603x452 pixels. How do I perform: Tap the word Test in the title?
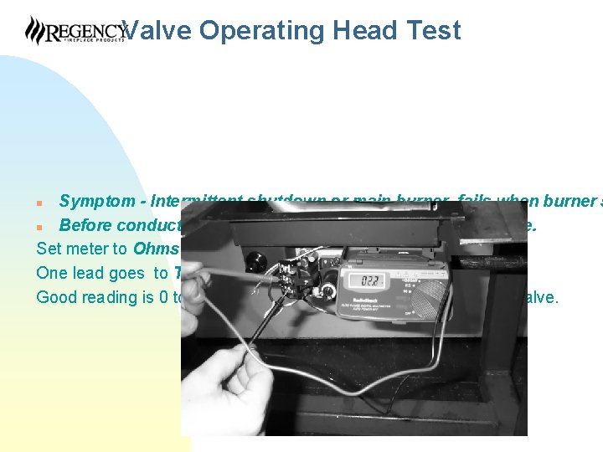pos(432,31)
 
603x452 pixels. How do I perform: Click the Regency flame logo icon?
pos(35,30)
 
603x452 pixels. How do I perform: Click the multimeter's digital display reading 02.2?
pos(367,280)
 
